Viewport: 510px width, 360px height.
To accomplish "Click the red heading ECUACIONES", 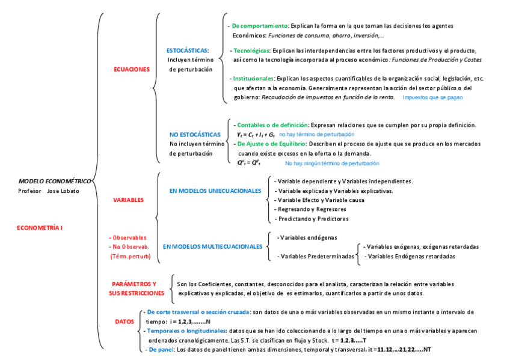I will [x=131, y=70].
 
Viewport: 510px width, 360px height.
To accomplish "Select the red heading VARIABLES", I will [x=128, y=200].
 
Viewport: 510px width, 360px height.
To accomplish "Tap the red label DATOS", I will [x=124, y=322].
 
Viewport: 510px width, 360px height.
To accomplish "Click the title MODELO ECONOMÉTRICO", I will [x=55, y=181].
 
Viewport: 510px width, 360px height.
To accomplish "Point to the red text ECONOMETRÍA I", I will [x=40, y=228].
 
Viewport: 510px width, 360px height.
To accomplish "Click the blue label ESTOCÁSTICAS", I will [x=188, y=50].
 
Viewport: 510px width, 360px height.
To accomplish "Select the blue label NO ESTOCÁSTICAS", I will [x=195, y=135].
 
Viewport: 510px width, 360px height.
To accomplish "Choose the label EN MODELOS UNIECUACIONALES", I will [x=215, y=191].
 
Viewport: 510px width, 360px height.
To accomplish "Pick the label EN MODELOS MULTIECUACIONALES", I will [x=213, y=246].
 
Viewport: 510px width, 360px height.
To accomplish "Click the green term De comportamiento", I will [x=260, y=26].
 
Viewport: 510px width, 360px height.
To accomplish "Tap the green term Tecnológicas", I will [x=251, y=50].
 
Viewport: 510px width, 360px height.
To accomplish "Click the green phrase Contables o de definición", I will [x=272, y=124].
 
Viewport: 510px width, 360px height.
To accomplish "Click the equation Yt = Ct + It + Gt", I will [x=256, y=135].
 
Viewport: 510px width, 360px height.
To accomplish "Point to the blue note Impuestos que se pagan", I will [x=432, y=97].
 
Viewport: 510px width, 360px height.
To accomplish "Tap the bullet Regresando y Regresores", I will [x=307, y=209].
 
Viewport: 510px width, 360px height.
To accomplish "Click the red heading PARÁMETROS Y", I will [x=134, y=284].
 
